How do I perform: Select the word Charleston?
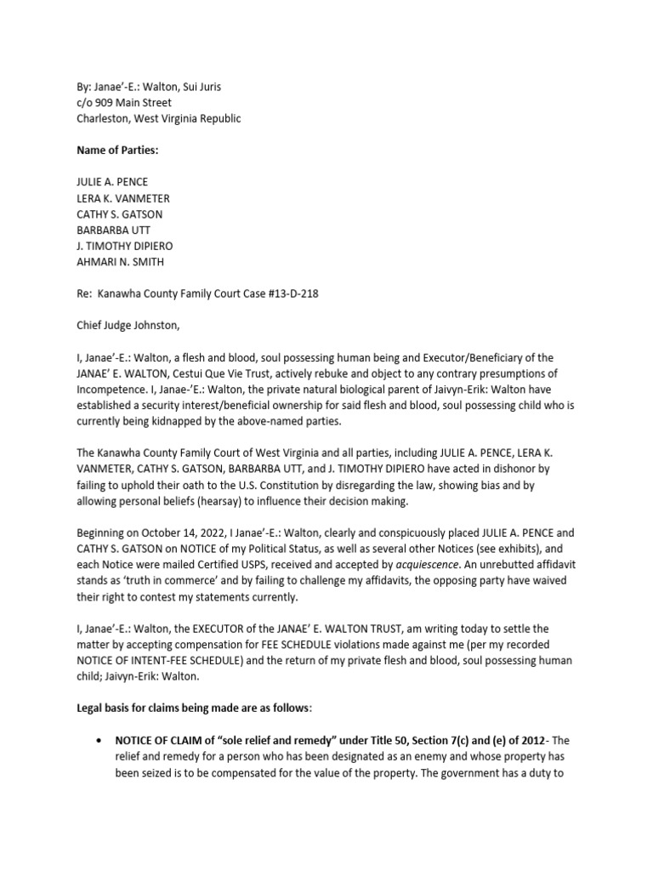click(103, 119)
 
